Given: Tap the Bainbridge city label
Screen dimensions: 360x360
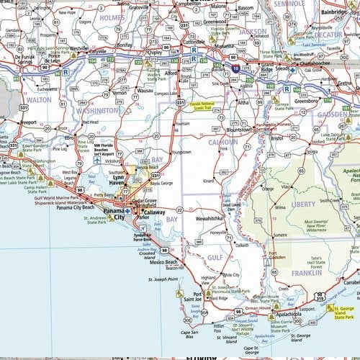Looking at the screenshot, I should pyautogui.click(x=336, y=12).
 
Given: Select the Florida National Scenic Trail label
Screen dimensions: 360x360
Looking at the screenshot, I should pyautogui.click(x=197, y=105).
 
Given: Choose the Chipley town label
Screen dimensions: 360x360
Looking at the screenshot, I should pyautogui.click(x=156, y=52).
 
